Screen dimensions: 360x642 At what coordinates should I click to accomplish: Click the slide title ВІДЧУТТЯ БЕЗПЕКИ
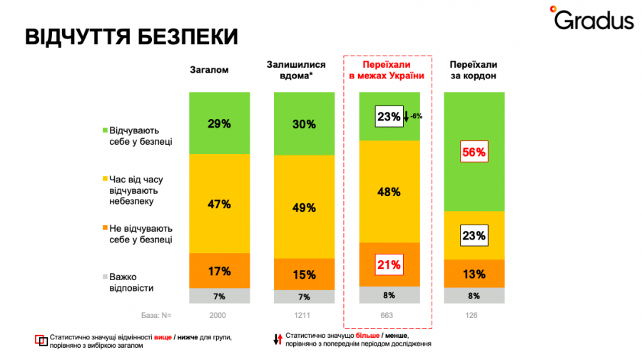pos(131,37)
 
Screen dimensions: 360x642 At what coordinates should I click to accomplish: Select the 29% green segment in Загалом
pos(220,123)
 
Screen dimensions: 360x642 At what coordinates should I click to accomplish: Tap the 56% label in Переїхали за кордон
pos(474,152)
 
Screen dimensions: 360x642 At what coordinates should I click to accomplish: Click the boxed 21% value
pos(389,265)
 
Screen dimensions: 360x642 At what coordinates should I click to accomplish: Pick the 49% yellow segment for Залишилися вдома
pos(305,207)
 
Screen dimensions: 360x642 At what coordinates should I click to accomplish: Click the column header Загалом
pos(208,70)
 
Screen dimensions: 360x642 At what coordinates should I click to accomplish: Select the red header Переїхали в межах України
pos(387,70)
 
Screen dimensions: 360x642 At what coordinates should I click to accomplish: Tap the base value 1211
pos(305,314)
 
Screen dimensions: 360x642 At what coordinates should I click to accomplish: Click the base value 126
pos(474,314)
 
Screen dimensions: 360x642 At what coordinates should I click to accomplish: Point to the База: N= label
pos(156,314)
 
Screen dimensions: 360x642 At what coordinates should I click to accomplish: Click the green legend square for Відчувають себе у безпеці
pos(105,130)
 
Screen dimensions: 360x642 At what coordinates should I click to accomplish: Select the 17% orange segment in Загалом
pos(220,271)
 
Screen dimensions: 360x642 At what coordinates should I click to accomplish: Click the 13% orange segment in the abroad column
pos(474,274)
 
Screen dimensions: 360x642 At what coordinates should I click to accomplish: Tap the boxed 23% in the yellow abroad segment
pos(474,235)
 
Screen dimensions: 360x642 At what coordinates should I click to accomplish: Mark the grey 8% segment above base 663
pos(389,295)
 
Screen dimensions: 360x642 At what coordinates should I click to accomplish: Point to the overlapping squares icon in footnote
pos(41,340)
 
